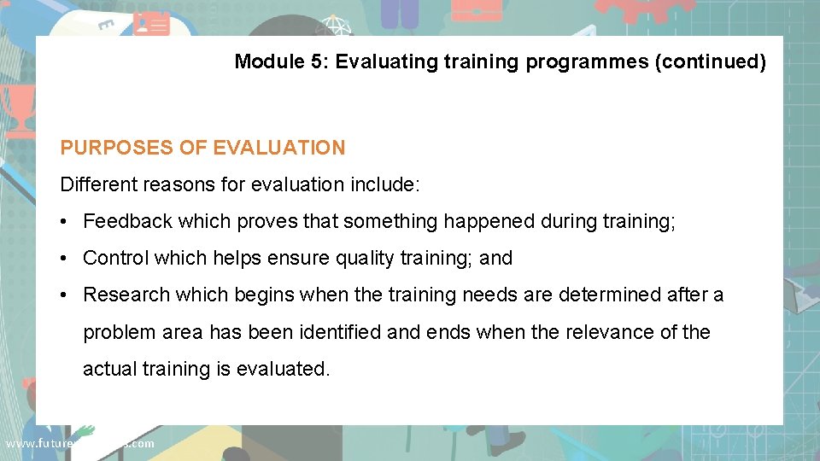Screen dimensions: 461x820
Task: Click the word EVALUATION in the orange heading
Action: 278,148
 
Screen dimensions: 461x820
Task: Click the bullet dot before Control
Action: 65,259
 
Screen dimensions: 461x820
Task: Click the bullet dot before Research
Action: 65,295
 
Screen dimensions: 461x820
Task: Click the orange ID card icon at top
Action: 151,25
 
